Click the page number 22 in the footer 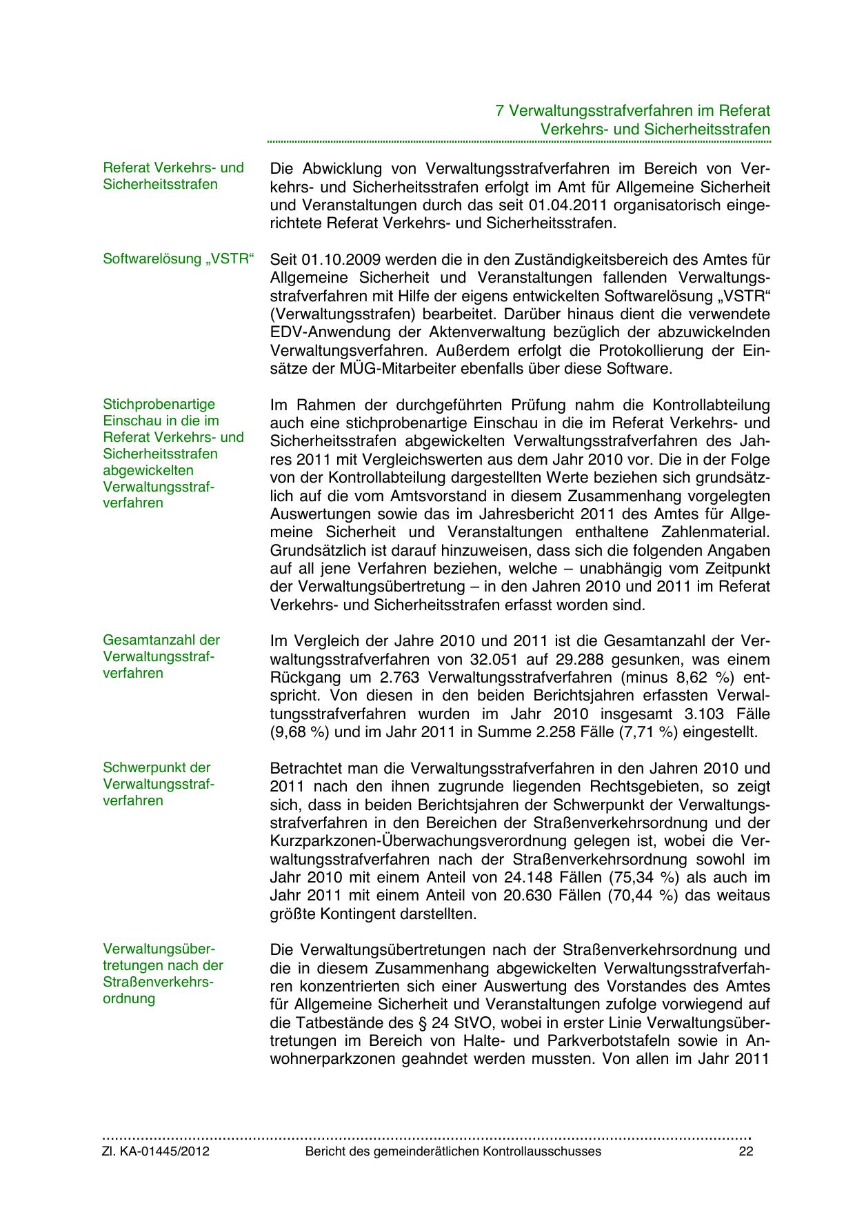pos(745,1151)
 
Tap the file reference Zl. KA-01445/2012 pos(156,1151)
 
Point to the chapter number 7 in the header pos(500,111)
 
